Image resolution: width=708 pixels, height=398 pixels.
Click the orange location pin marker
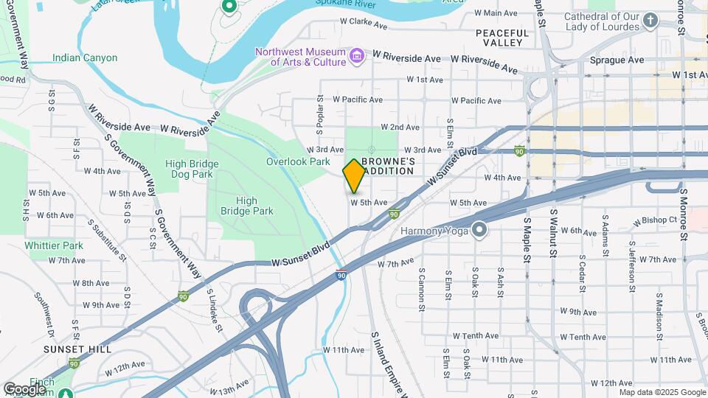point(354,175)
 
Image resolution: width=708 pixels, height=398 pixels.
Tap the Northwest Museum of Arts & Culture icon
point(356,56)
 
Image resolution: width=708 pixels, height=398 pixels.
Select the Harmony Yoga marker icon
point(479,231)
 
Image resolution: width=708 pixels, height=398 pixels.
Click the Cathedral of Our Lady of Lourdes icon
point(650,20)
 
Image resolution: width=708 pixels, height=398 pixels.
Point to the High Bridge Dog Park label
point(189,169)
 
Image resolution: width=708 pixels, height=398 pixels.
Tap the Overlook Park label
point(298,161)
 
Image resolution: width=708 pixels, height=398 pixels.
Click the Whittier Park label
point(54,245)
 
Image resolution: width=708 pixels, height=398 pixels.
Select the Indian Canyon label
point(85,57)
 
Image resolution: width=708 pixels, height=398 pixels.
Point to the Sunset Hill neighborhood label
point(77,349)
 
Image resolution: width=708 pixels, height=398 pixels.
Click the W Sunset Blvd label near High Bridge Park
point(300,257)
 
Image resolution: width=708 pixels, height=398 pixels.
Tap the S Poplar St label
point(321,114)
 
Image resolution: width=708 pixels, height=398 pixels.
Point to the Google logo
point(24,388)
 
